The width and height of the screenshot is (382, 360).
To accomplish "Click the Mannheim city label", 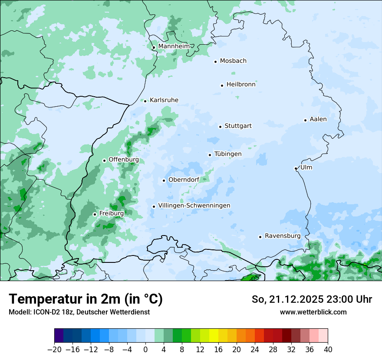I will tap(174, 46).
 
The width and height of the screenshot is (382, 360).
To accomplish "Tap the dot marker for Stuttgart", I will tap(221, 127).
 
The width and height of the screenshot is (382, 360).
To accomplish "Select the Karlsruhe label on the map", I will tap(164, 100).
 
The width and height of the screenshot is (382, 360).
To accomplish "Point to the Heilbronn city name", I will tap(241, 85).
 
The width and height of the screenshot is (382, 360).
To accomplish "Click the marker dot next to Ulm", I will tap(296, 168).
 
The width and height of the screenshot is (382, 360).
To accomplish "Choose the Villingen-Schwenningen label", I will tap(194, 206).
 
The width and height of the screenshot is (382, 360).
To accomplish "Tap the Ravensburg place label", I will tap(283, 236).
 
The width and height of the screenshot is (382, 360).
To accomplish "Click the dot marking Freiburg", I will tap(95, 214).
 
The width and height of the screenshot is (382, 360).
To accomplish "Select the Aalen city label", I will tap(318, 119).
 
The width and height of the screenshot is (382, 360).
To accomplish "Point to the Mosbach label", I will tap(233, 61).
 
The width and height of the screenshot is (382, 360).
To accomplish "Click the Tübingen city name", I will tap(228, 154).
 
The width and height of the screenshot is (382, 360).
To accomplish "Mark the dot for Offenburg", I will tap(104, 160).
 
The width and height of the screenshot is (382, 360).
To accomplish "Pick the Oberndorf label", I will tap(184, 180).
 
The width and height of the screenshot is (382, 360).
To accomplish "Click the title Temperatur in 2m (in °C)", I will tap(86, 299).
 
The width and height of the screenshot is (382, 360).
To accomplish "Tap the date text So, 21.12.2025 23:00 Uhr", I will tap(312, 299).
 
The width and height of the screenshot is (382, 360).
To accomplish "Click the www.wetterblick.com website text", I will tap(313, 312).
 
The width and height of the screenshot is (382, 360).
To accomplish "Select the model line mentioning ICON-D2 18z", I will tap(79, 312).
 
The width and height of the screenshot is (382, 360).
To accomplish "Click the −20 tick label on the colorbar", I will tap(54, 350).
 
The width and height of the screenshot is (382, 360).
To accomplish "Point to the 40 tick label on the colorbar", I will tap(328, 350).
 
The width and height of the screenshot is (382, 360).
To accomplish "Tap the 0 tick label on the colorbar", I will tap(145, 350).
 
